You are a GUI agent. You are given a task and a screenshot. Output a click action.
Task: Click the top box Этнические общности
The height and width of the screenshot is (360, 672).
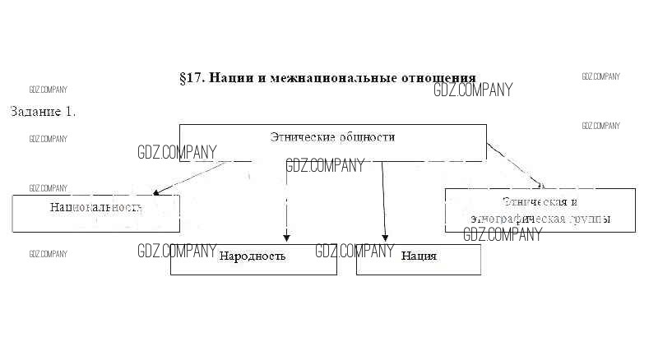click(332, 142)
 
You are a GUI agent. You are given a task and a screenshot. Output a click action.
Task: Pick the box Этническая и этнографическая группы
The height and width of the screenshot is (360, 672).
click(540, 210)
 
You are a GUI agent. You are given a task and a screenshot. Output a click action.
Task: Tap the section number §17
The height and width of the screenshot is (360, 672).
click(192, 78)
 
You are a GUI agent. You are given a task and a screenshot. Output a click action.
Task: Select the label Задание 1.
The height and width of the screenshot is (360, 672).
click(43, 111)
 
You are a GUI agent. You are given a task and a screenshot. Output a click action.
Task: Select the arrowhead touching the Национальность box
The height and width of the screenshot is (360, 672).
click(156, 192)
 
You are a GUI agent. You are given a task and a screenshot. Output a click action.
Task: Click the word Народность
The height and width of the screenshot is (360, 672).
click(252, 256)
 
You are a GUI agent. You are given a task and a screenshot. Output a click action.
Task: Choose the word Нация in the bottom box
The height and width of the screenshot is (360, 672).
click(419, 256)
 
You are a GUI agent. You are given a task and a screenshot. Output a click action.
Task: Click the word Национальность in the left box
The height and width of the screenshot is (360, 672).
click(95, 207)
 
